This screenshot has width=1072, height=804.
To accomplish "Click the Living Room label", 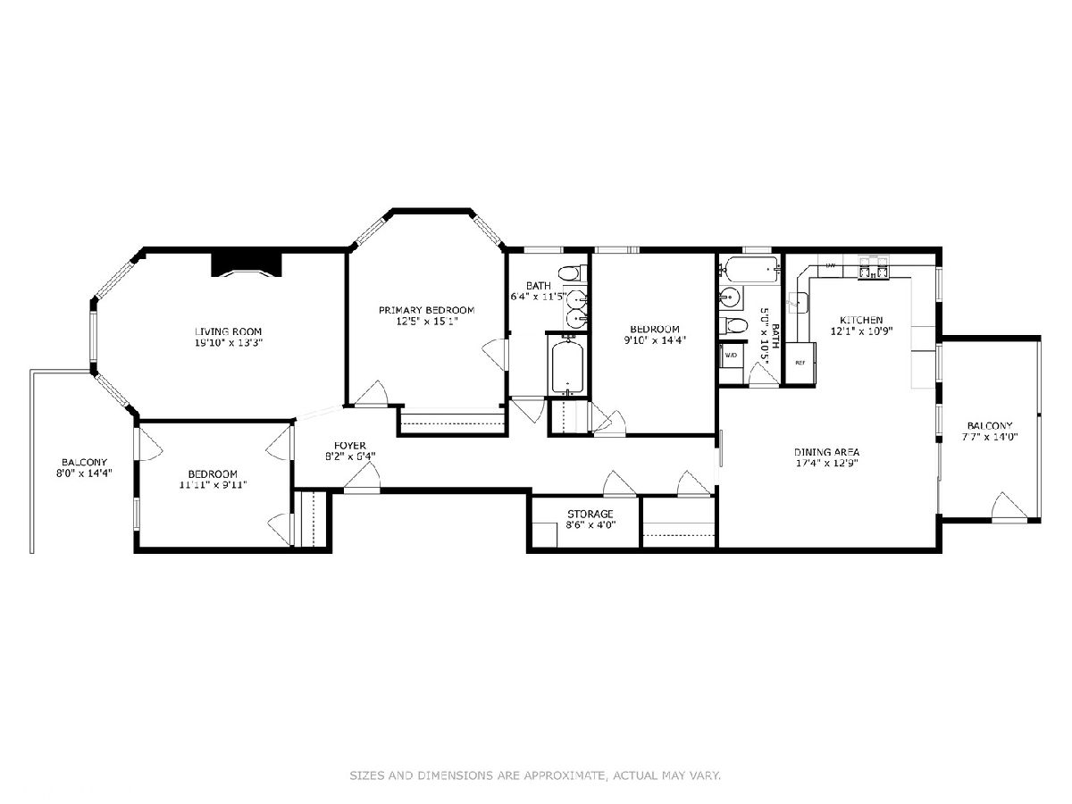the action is [229, 331].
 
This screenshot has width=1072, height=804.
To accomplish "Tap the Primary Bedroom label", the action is [427, 310].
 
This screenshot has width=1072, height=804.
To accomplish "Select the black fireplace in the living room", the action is [247, 265].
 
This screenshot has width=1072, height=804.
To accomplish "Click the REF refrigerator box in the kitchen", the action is [800, 363].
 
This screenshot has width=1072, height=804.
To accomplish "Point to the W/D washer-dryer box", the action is [731, 356].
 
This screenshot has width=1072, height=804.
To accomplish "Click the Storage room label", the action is [590, 514].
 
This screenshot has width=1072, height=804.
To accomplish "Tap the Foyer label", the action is [350, 446].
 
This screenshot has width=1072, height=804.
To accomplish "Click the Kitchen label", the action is [861, 320].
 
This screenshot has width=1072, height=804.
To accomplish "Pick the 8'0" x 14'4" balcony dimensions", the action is [85, 473].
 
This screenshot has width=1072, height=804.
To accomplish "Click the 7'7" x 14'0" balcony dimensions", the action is [990, 437].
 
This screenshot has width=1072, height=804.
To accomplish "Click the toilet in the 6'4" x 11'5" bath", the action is [572, 272].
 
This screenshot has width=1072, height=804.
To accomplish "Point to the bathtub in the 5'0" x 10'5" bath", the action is [751, 270].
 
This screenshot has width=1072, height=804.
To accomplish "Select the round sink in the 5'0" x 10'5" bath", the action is [730, 297].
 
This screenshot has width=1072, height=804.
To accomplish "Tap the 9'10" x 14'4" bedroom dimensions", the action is [655, 340].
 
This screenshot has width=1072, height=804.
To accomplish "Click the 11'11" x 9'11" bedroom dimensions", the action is [213, 485].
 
